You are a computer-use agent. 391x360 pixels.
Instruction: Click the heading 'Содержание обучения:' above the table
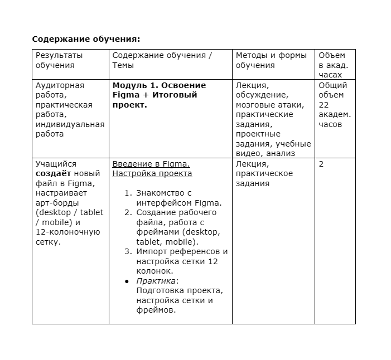(x=86, y=39)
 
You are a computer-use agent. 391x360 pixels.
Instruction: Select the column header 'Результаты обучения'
(x=59, y=60)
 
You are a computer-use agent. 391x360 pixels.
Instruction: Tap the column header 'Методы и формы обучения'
(x=271, y=60)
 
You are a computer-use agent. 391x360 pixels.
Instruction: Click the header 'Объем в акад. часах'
(x=333, y=65)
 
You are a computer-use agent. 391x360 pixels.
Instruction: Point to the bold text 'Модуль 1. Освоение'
(x=159, y=85)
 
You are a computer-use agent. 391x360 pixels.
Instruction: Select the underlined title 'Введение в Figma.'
(x=151, y=164)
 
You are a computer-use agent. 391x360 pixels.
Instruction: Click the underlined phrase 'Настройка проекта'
(x=152, y=173)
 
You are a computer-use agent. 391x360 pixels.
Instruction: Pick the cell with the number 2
(x=321, y=164)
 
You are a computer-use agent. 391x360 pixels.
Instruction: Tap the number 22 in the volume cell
(x=324, y=105)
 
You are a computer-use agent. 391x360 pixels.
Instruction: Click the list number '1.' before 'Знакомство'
(x=128, y=193)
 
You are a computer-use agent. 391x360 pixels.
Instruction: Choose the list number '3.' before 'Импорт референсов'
(x=128, y=251)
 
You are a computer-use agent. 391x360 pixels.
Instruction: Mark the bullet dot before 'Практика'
(x=127, y=281)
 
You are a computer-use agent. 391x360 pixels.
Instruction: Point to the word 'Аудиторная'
(x=60, y=85)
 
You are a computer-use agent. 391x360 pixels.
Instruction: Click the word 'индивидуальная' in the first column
(x=70, y=124)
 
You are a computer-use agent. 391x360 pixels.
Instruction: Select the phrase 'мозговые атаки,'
(x=270, y=105)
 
